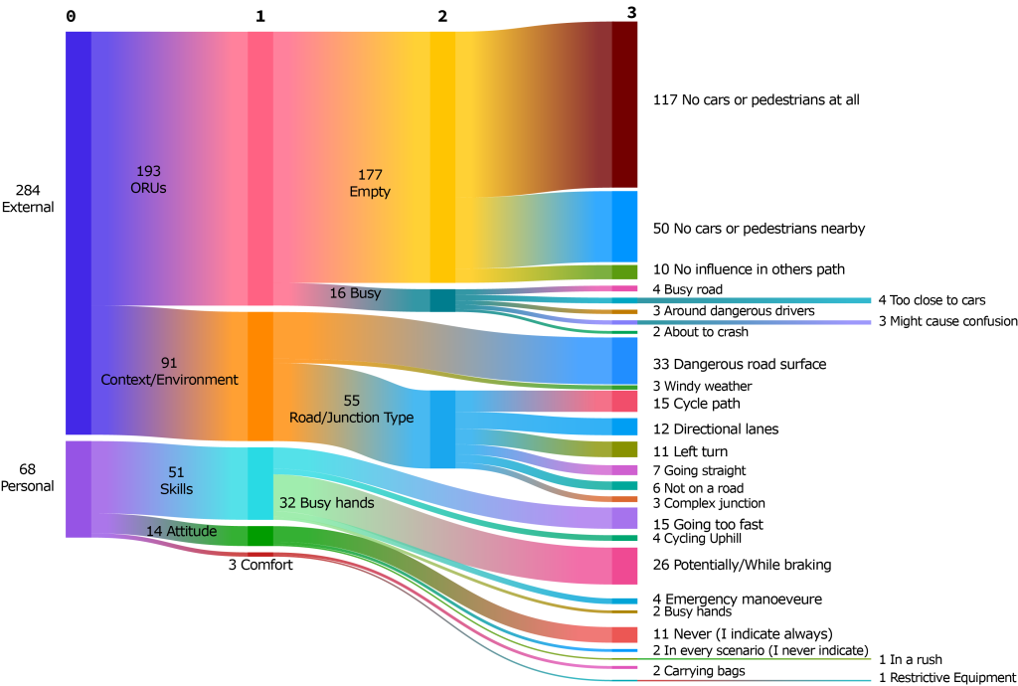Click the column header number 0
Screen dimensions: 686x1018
point(70,16)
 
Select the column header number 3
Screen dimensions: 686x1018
point(632,12)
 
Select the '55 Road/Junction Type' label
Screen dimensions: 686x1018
point(351,409)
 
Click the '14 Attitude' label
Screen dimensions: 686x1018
point(182,532)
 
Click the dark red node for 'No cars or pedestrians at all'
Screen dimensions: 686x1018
point(623,104)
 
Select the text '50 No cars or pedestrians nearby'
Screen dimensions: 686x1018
point(759,229)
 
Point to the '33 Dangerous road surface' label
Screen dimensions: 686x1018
point(740,365)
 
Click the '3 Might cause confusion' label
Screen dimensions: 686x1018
point(947,321)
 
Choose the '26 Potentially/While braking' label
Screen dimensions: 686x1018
point(742,565)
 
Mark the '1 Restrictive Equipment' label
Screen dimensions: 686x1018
point(947,678)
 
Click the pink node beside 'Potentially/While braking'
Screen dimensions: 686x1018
point(623,565)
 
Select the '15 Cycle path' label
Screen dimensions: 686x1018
point(696,404)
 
